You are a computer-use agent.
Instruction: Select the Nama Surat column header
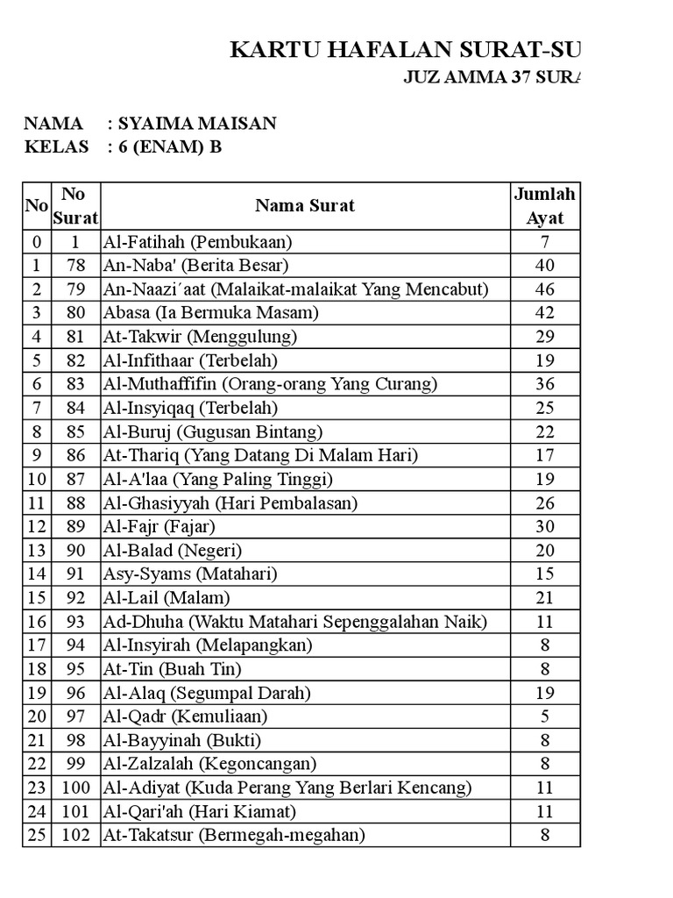[x=305, y=206]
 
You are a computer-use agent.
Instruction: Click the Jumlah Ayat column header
[x=544, y=206]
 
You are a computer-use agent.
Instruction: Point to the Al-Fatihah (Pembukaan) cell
[x=198, y=241]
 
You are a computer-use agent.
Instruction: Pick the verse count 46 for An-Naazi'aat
[x=544, y=289]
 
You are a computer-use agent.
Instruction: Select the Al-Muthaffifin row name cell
[x=271, y=384]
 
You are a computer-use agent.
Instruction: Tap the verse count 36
[x=544, y=384]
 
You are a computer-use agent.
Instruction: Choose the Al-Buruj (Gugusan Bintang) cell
[x=213, y=431]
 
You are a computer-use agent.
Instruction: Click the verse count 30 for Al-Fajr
[x=544, y=526]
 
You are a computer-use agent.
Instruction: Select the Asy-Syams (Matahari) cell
[x=190, y=574]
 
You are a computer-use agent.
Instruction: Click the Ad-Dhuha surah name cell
[x=294, y=622]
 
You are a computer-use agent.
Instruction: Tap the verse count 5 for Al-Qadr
[x=544, y=716]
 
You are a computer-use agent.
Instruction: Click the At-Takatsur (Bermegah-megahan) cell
[x=234, y=835]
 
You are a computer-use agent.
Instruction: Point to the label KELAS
[x=56, y=147]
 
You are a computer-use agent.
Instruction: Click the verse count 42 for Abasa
[x=544, y=312]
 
